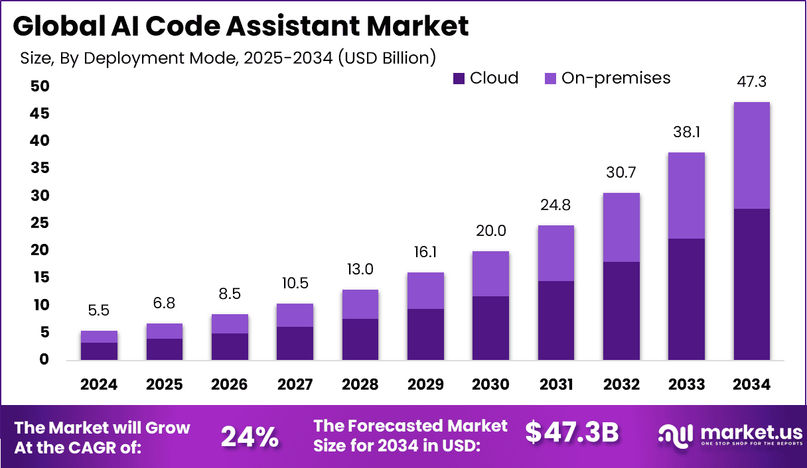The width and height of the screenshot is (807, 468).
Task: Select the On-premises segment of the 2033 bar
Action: (686, 196)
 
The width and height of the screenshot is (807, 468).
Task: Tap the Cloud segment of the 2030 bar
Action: (490, 328)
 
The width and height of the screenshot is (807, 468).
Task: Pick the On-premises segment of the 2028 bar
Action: (360, 304)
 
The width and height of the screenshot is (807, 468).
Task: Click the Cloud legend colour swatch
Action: (459, 79)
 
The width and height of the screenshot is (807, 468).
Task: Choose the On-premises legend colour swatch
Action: (551, 79)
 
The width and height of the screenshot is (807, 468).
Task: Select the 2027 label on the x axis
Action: (295, 385)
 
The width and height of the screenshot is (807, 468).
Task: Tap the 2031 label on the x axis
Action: (556, 385)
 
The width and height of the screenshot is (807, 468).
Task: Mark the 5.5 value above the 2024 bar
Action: (99, 310)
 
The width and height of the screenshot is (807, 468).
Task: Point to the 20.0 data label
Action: (490, 231)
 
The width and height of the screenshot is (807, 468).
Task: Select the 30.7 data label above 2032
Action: (621, 173)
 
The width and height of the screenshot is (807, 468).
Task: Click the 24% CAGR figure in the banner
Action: (250, 436)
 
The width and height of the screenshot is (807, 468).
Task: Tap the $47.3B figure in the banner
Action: (571, 432)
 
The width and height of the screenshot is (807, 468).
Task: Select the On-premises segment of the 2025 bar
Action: (164, 331)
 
